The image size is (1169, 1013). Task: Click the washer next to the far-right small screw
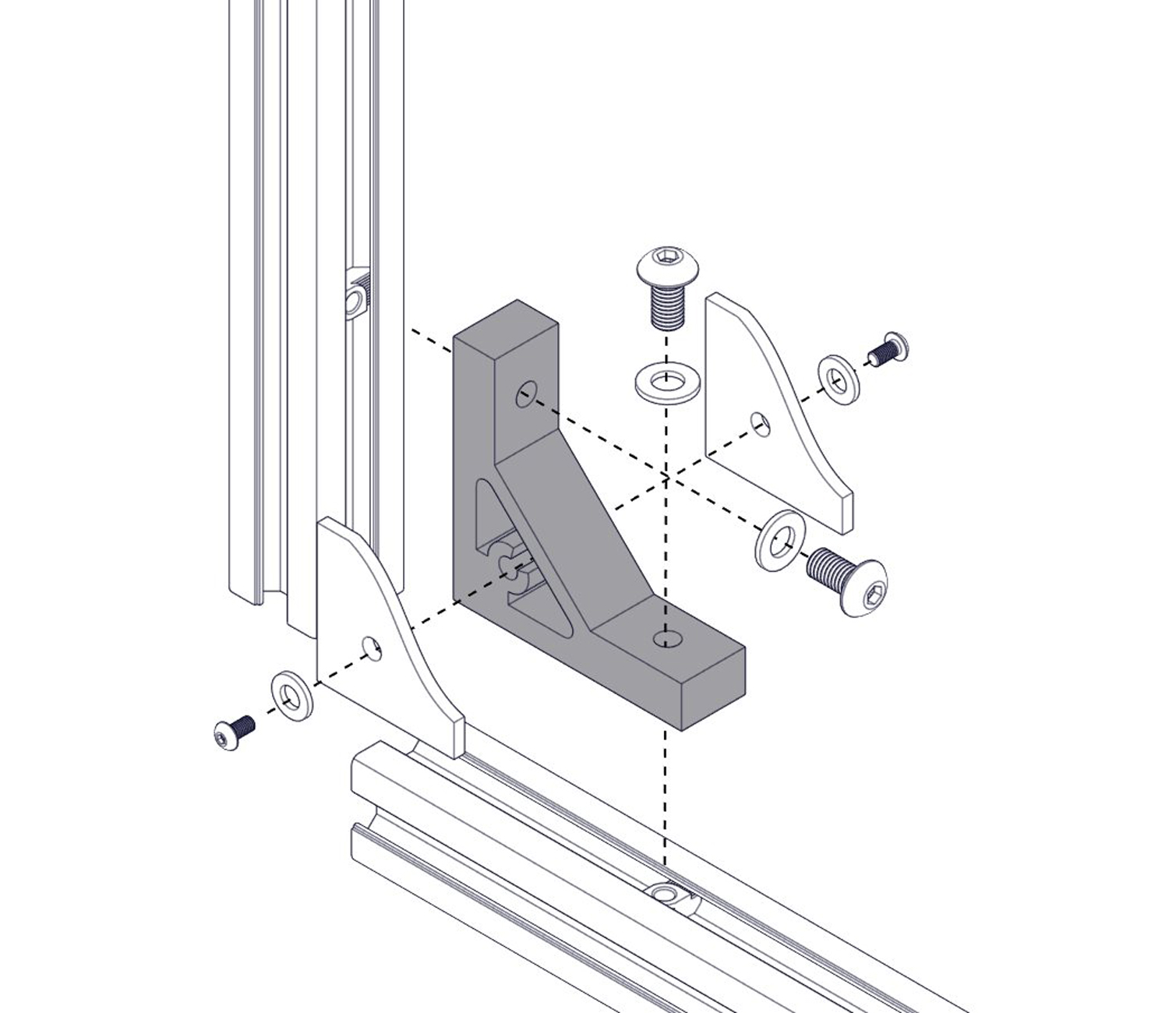click(839, 379)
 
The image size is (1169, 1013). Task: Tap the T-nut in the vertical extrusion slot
click(358, 293)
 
